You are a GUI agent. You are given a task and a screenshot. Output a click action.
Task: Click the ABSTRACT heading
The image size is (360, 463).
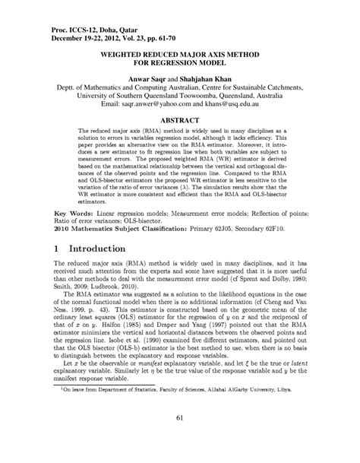tap(179, 119)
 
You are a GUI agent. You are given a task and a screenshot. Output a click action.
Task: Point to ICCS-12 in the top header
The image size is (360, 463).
tap(66, 27)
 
